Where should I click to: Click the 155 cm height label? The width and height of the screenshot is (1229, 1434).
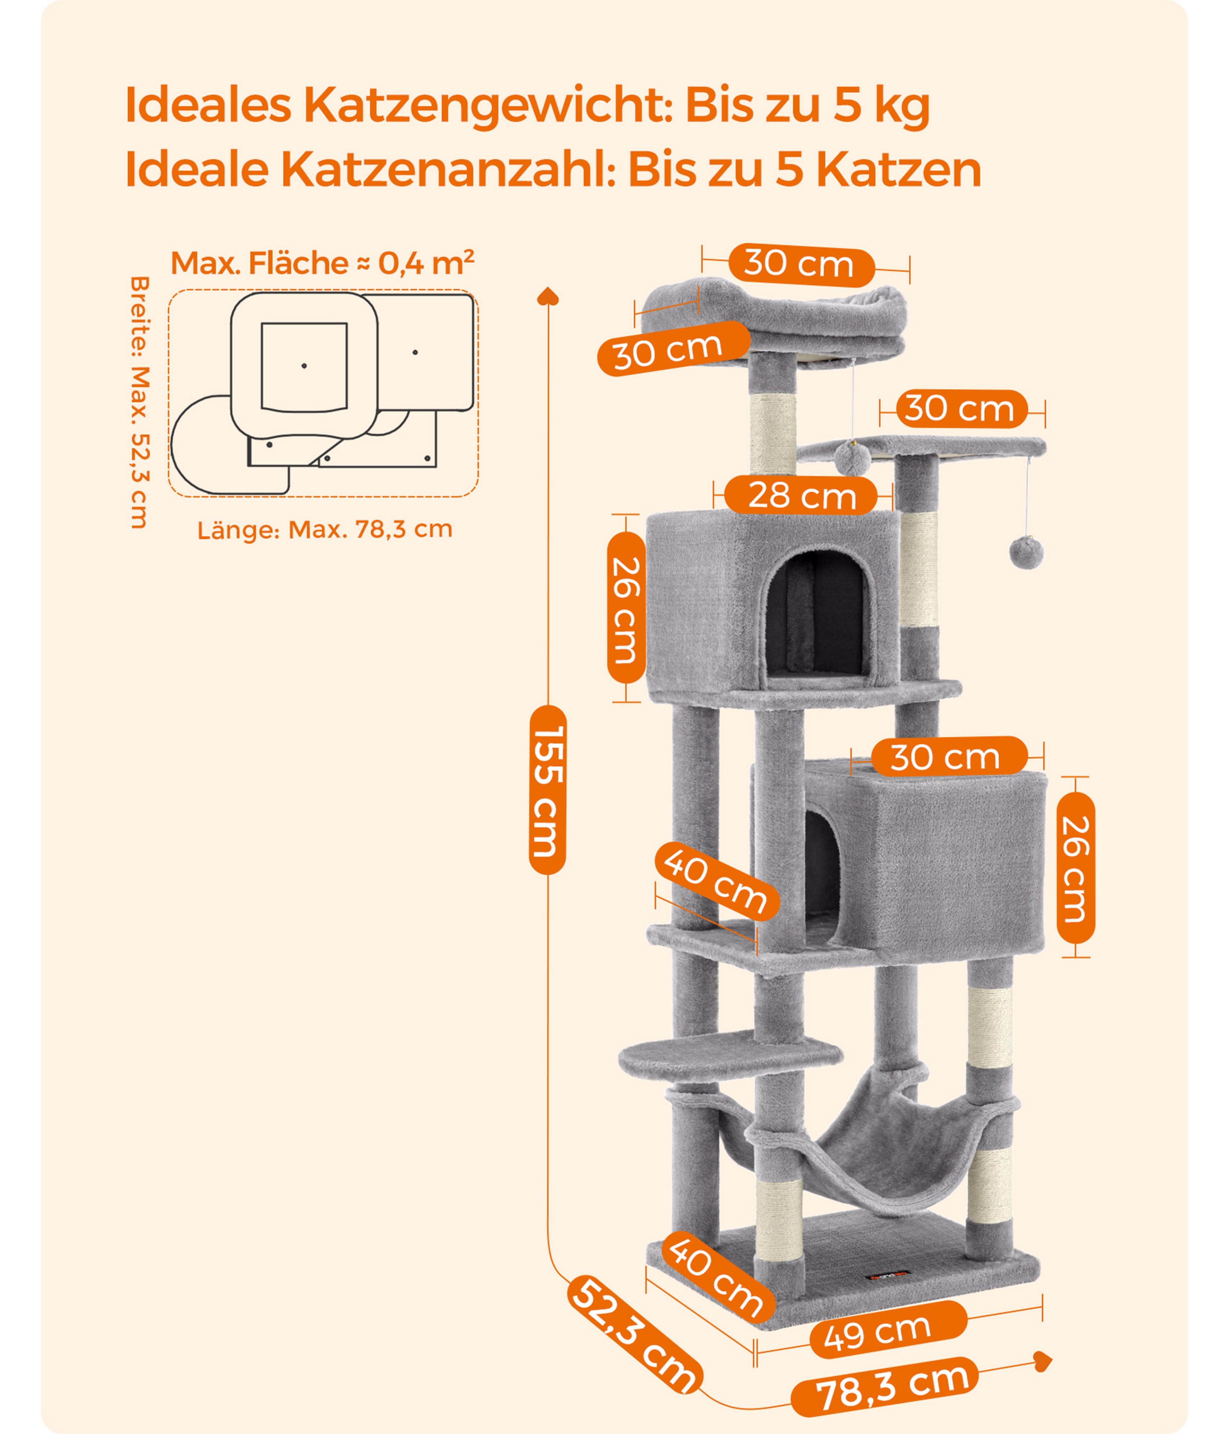pos(547,790)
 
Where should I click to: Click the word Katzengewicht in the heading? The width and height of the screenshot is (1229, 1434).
pos(487,106)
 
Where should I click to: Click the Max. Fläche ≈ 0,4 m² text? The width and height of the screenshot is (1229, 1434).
pos(323,263)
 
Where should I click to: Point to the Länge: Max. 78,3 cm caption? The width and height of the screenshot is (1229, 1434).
pos(325,529)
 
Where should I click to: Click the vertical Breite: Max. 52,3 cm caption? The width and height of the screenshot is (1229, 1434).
pos(140,403)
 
